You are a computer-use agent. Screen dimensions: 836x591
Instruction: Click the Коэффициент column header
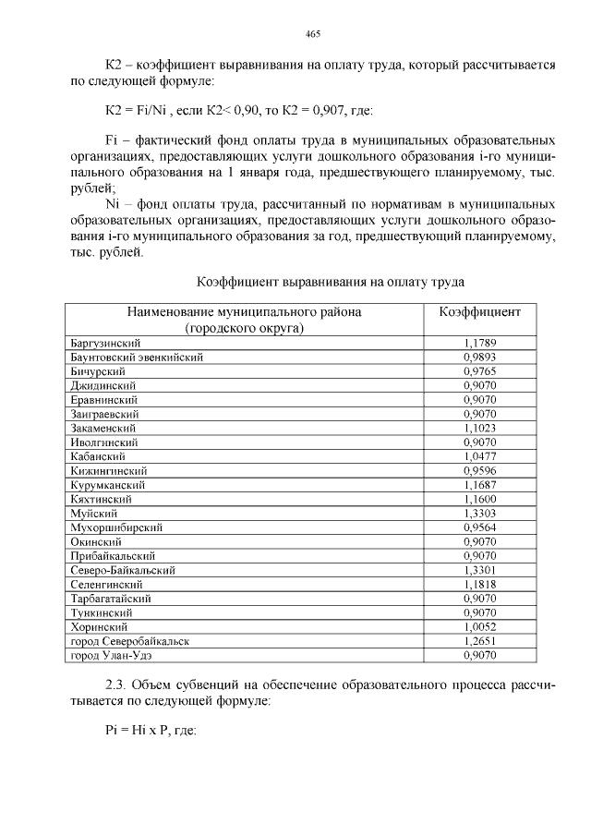click(x=479, y=311)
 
